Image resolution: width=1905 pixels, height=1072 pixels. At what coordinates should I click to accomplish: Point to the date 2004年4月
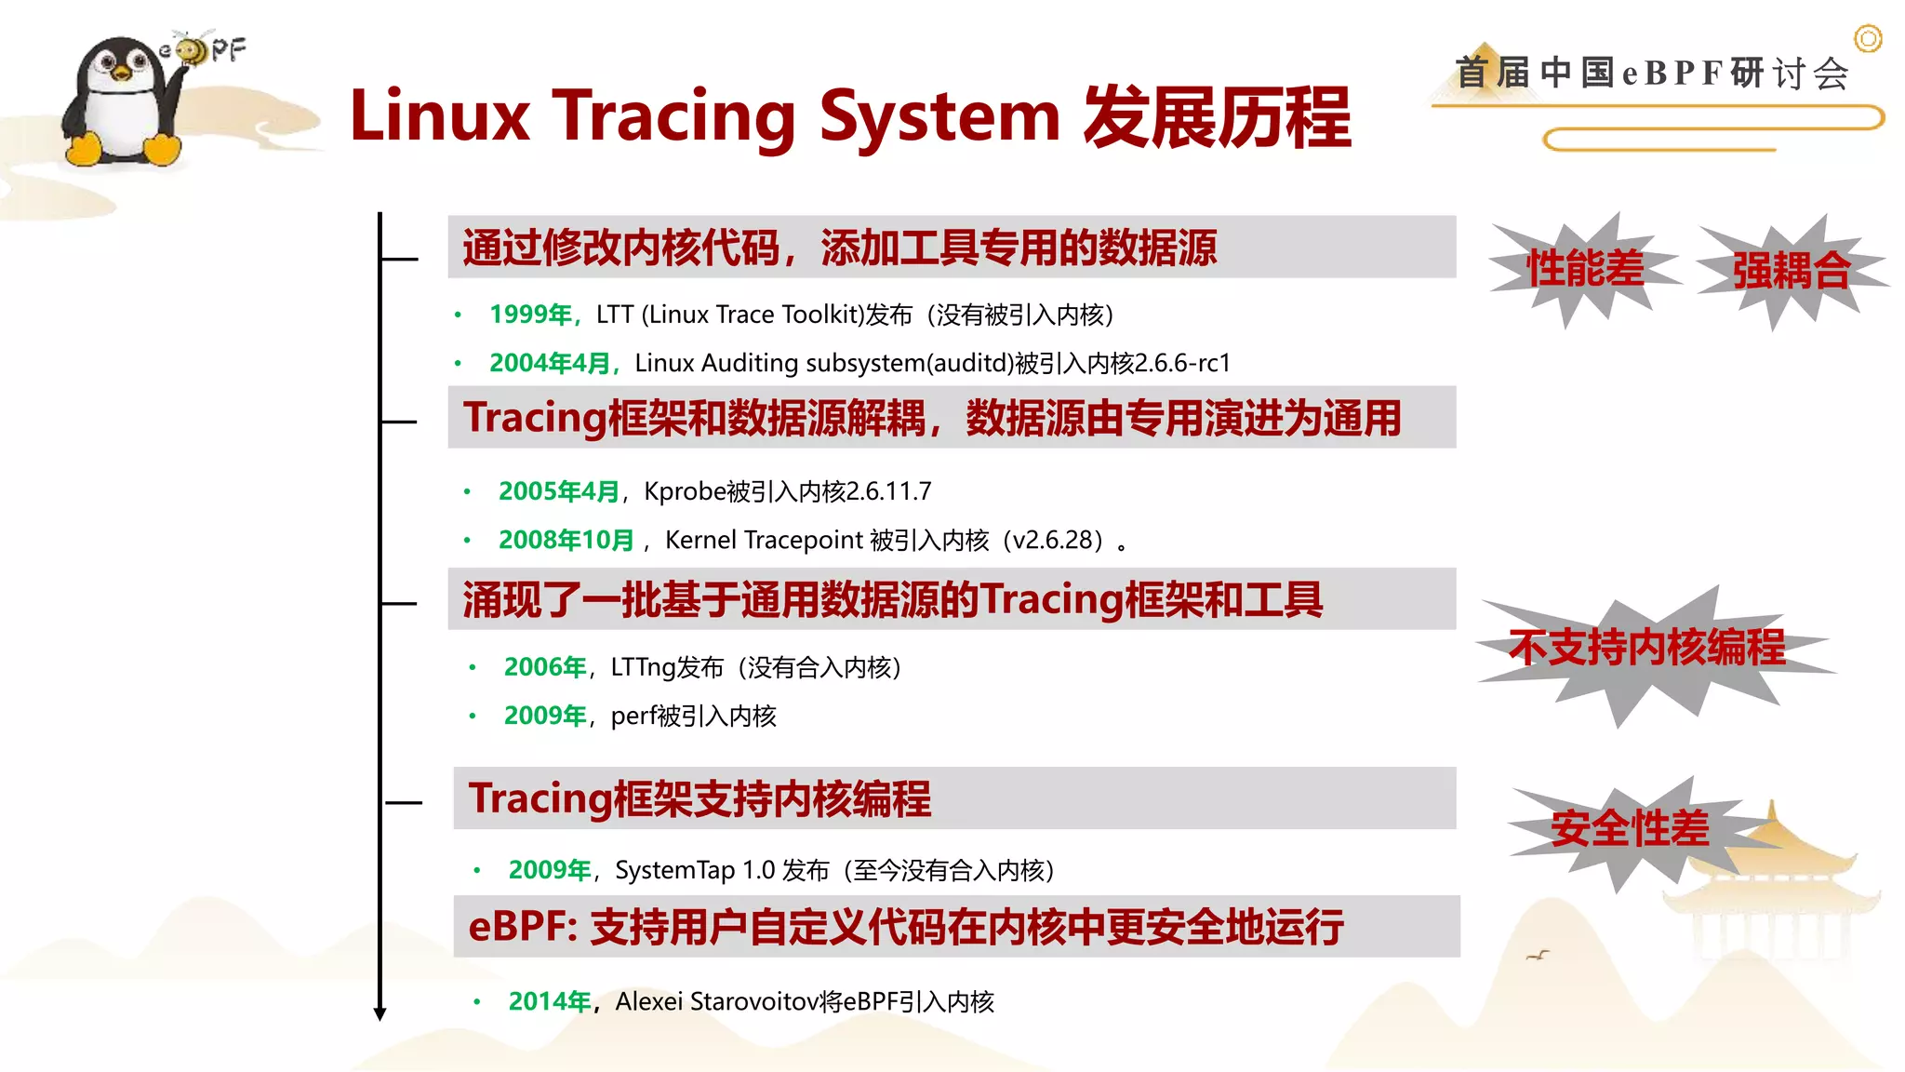pyautogui.click(x=551, y=363)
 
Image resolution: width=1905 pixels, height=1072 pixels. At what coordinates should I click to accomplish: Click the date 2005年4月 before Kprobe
pyautogui.click(x=559, y=491)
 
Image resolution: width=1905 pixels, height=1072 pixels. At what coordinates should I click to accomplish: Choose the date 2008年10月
pyautogui.click(x=566, y=540)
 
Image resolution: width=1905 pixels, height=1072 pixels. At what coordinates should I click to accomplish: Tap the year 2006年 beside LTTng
pyautogui.click(x=545, y=667)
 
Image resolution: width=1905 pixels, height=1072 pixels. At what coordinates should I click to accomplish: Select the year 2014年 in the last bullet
pyautogui.click(x=550, y=1001)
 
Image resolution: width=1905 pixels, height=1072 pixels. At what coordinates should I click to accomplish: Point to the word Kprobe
pyautogui.click(x=685, y=491)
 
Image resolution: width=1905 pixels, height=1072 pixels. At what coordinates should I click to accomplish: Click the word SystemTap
pyautogui.click(x=674, y=870)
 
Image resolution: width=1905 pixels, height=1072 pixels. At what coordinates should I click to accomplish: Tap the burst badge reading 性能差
pyautogui.click(x=1585, y=269)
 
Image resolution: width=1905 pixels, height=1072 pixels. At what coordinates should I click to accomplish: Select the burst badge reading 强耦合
pyautogui.click(x=1791, y=271)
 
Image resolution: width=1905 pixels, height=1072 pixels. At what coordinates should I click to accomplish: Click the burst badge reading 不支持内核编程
pyautogui.click(x=1646, y=648)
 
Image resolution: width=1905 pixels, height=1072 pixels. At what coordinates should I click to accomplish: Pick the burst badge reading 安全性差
pyautogui.click(x=1630, y=828)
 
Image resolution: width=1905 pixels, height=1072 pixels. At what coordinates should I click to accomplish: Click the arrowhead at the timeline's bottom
pyautogui.click(x=380, y=1013)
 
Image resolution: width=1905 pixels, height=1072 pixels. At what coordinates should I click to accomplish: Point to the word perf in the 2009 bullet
pyautogui.click(x=629, y=716)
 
